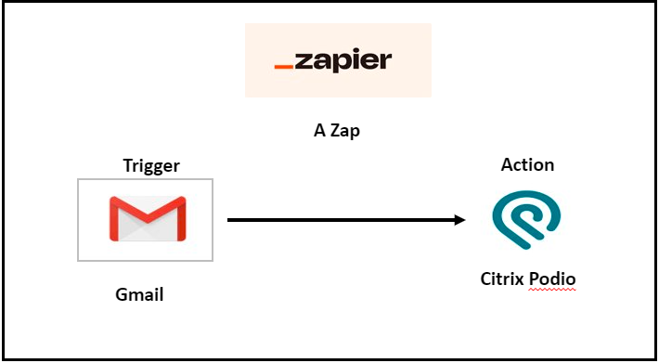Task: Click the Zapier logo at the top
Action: [338, 61]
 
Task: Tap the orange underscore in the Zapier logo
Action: [284, 67]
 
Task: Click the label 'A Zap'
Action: [336, 131]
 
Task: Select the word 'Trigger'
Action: [151, 166]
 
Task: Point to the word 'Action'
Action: [527, 164]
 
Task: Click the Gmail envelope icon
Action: [147, 219]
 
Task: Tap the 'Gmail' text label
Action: [139, 294]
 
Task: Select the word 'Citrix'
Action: [502, 279]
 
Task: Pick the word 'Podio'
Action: [553, 279]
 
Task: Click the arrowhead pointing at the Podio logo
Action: [459, 220]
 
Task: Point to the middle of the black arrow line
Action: [343, 220]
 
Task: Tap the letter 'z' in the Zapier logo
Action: [303, 62]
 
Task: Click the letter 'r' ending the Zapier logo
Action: [385, 62]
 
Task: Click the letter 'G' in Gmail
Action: [121, 294]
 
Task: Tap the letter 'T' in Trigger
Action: [129, 166]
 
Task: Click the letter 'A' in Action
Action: [507, 164]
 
